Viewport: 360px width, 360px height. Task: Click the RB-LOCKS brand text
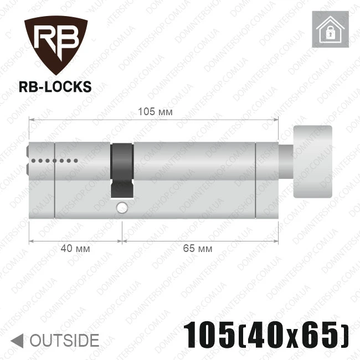coord(55,86)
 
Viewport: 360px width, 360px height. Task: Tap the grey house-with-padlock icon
coord(331,29)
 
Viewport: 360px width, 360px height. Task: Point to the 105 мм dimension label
coord(155,112)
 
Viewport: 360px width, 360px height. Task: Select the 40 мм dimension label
coord(75,249)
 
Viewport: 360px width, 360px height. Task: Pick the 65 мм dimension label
coord(198,249)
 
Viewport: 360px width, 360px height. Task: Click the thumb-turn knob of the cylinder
coord(313,161)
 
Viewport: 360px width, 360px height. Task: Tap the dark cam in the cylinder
coord(122,171)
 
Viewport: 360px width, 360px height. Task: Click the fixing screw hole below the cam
coord(122,208)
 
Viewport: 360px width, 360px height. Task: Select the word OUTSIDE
coord(64,341)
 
